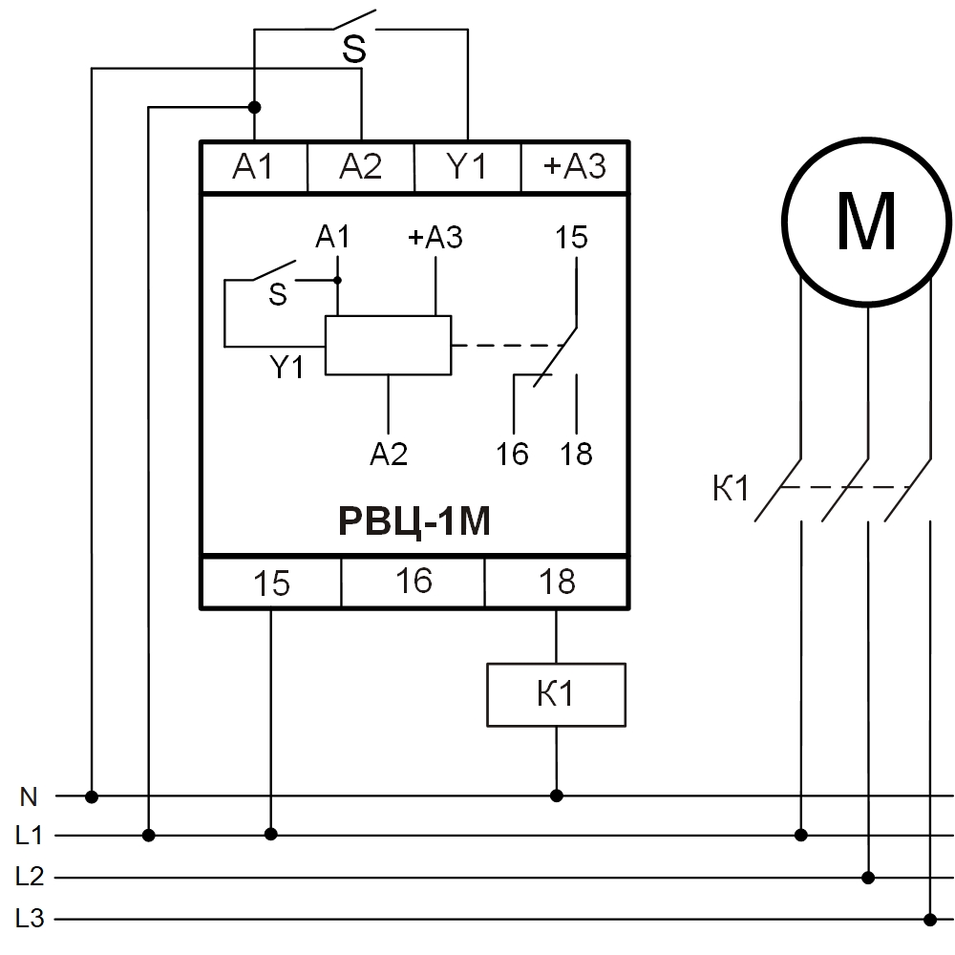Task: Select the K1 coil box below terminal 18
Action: tap(556, 694)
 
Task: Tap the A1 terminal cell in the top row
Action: tap(253, 167)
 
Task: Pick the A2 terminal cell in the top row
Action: tap(360, 167)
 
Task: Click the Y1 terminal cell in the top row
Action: tap(467, 167)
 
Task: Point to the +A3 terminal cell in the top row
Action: tap(574, 167)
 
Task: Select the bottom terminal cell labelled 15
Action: tap(271, 582)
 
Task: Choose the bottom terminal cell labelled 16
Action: tap(414, 582)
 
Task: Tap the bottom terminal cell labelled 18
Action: tap(557, 582)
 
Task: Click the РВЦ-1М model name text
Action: tap(414, 521)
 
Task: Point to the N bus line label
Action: tap(30, 795)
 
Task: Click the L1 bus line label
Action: tap(30, 836)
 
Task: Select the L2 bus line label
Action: tap(30, 877)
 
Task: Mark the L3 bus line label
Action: tap(30, 919)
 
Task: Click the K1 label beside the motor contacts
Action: tap(731, 490)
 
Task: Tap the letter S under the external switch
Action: tap(354, 51)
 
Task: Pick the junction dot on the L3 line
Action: tap(930, 919)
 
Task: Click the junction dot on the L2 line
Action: tap(868, 877)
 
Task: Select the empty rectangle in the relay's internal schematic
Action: tap(388, 345)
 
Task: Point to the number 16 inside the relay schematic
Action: tap(513, 454)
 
